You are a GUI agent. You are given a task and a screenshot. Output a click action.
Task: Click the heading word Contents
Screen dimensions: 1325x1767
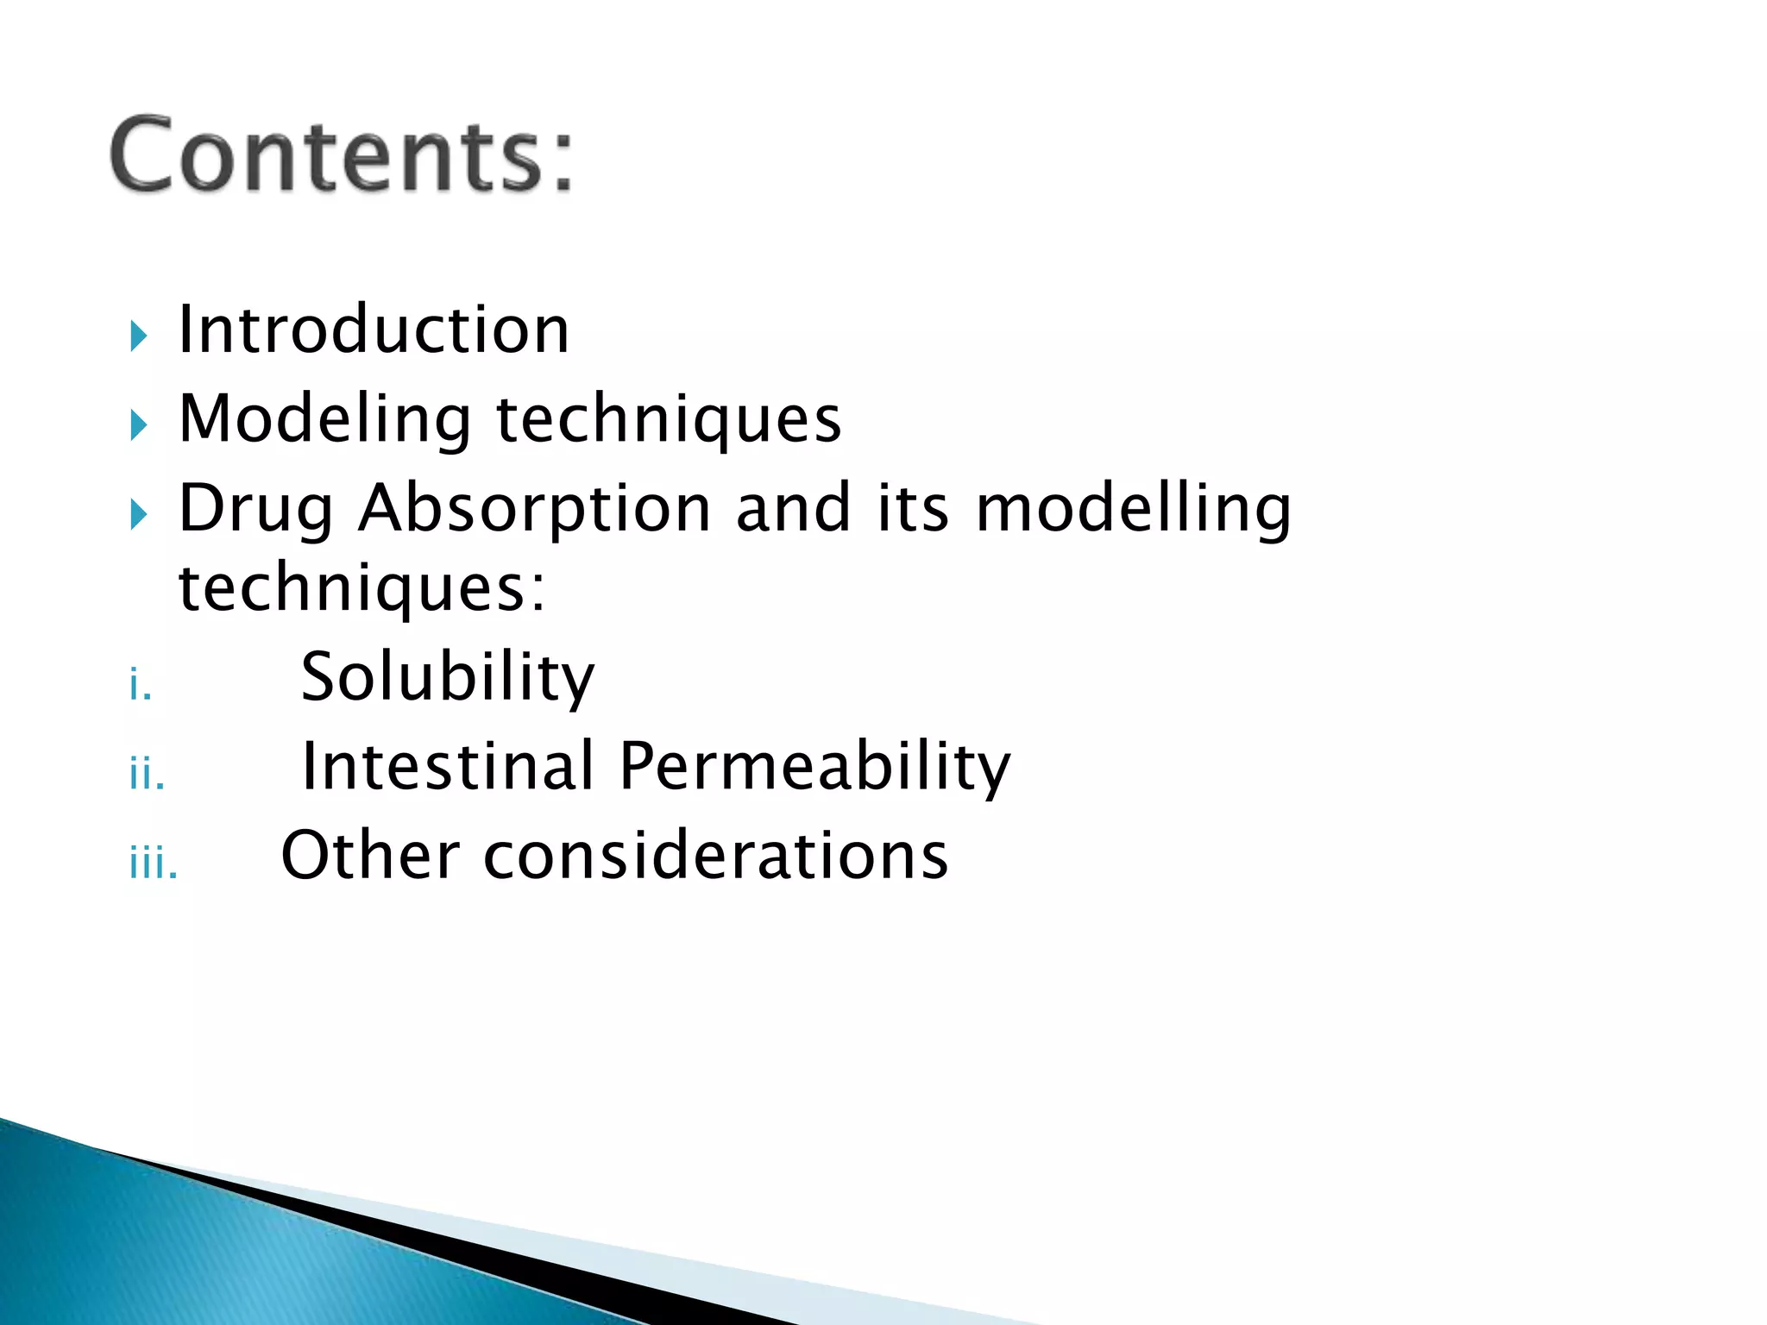(x=341, y=155)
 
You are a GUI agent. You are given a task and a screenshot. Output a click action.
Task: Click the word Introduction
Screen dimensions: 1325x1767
(x=373, y=330)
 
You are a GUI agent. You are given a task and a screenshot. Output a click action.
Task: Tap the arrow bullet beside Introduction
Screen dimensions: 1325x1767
(x=139, y=336)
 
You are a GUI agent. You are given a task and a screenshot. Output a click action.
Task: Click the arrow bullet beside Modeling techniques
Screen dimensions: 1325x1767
(x=139, y=425)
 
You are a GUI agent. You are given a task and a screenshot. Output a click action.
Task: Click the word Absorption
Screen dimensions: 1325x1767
(x=535, y=509)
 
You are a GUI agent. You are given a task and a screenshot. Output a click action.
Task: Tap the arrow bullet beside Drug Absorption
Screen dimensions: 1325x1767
(x=139, y=515)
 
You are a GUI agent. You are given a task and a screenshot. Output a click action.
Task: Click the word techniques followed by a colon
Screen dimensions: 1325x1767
(x=361, y=588)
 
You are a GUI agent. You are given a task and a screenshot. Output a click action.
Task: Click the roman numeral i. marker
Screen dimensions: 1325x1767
(x=141, y=687)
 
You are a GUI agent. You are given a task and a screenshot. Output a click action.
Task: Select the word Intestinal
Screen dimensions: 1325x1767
(x=447, y=766)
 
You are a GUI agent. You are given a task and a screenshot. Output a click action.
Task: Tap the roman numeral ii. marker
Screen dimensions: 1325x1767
(x=147, y=774)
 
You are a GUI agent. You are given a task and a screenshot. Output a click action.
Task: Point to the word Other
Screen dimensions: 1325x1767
(x=369, y=856)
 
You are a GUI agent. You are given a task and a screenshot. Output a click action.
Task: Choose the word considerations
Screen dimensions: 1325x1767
(x=715, y=856)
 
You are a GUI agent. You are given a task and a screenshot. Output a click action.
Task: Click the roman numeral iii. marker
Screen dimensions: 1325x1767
(x=154, y=863)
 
